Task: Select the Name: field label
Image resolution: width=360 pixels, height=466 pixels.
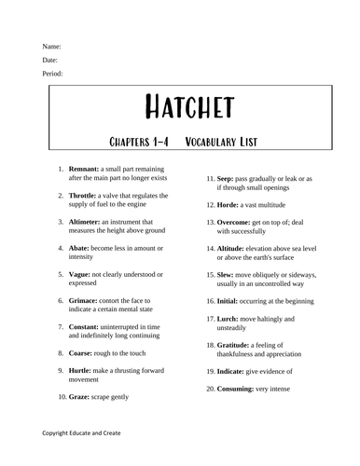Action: click(x=52, y=46)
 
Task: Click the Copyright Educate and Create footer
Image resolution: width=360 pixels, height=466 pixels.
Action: click(x=81, y=433)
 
